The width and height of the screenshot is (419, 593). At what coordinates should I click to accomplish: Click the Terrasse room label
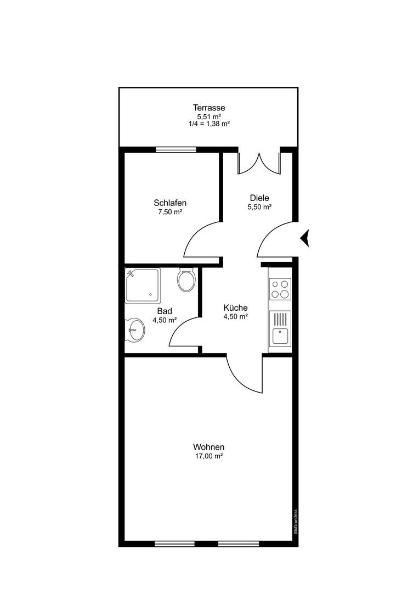coord(209,108)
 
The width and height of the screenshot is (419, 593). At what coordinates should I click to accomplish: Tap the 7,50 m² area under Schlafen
coord(170,212)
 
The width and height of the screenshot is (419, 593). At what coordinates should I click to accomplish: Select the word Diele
coord(259,198)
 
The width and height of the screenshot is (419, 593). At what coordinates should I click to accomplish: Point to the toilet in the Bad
coord(186,279)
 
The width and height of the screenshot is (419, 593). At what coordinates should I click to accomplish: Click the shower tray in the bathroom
coord(143,286)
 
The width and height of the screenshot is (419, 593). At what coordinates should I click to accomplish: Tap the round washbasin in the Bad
coord(135,329)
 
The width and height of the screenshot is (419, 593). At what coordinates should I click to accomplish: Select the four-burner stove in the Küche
coord(280,289)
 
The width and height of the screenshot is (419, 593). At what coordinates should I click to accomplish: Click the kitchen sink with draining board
coord(280,329)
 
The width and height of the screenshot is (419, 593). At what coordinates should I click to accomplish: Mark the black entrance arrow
coord(305,238)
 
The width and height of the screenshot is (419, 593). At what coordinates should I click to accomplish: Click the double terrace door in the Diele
coord(259,164)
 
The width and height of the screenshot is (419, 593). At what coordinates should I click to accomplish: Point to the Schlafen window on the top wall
coord(176,149)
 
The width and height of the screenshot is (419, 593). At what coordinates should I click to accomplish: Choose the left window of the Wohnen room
coord(174,544)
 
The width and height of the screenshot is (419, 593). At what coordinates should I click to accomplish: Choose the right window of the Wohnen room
coord(239,544)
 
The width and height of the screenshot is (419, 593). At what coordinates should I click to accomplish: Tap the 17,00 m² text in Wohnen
coord(208,456)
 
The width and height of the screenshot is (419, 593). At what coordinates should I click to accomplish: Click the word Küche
coord(235,308)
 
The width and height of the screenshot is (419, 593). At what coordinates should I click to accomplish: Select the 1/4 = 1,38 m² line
coord(209,124)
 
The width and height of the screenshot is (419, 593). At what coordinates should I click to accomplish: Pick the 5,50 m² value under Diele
coord(259,207)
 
